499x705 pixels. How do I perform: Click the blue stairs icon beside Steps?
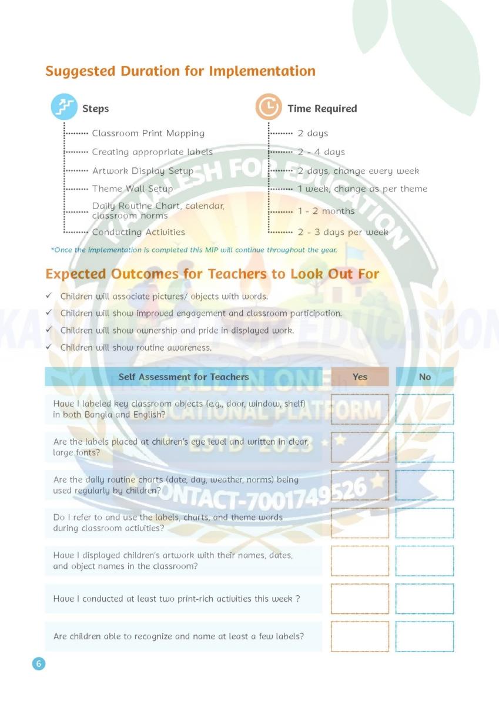(64, 108)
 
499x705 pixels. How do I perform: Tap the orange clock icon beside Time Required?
(269, 108)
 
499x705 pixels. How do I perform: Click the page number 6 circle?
(38, 664)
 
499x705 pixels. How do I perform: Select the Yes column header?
(360, 377)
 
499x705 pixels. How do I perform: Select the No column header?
(424, 377)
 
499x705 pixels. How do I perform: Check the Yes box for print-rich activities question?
(360, 599)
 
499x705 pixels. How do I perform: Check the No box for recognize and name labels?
(424, 636)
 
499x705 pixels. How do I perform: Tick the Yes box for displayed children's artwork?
(360, 560)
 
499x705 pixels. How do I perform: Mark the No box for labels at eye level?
(424, 447)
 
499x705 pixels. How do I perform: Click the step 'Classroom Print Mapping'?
(148, 133)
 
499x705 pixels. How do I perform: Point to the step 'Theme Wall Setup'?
(132, 189)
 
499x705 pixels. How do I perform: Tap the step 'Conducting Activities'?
(138, 232)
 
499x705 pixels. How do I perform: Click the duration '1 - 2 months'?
(326, 211)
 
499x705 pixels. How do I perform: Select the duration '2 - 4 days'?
(321, 152)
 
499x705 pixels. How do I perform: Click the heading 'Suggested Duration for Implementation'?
(180, 71)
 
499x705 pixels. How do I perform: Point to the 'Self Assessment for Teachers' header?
(183, 377)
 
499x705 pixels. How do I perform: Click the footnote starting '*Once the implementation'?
(194, 250)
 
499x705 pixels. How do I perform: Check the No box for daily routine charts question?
(424, 485)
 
